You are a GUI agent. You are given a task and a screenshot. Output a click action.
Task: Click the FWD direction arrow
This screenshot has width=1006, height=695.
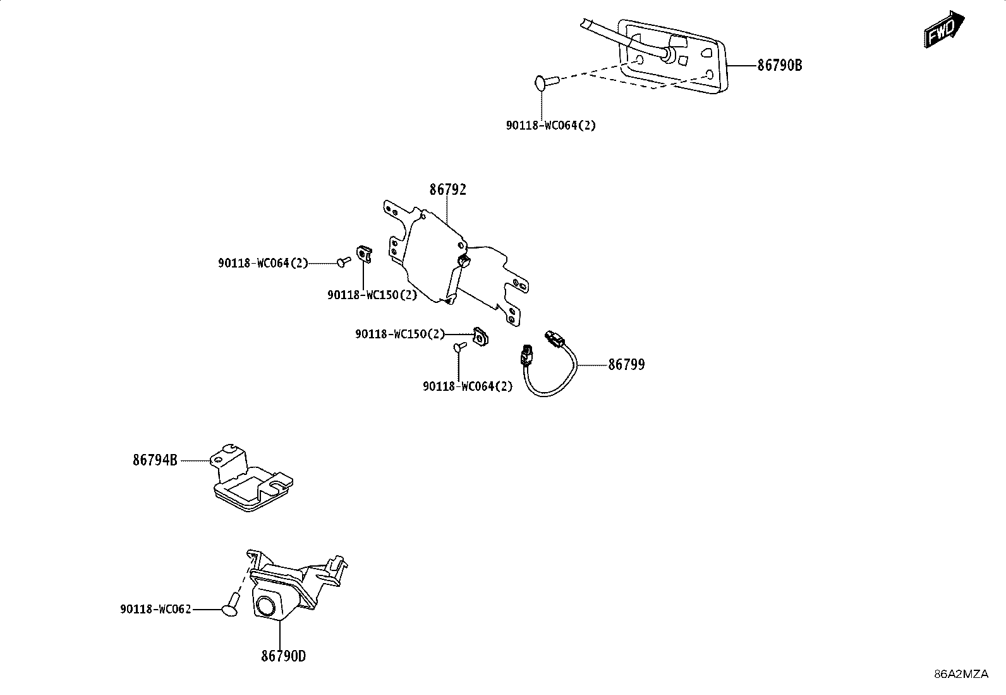coord(944,30)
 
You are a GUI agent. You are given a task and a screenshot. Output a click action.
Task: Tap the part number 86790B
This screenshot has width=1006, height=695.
coord(780,66)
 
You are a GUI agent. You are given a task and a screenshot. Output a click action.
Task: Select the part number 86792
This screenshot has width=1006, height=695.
coord(448,190)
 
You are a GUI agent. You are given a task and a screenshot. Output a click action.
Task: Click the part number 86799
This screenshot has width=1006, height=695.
coord(626,365)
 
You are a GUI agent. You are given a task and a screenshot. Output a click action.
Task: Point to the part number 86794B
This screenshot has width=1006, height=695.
coord(155,460)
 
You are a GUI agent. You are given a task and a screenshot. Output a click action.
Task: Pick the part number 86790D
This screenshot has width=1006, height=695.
coord(283,656)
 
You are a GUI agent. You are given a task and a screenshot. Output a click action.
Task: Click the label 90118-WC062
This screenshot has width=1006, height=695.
coord(156,609)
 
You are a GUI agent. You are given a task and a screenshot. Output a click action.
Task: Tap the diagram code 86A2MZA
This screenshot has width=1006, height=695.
coord(961,674)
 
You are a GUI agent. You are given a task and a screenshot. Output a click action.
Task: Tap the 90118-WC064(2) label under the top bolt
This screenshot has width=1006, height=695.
coord(551,125)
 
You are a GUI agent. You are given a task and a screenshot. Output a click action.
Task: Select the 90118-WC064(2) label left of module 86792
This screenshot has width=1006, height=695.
coord(263,263)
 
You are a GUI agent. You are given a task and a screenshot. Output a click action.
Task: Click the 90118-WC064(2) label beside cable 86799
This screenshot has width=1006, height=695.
coord(468,386)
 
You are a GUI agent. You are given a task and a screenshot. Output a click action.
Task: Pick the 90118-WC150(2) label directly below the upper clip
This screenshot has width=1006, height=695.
coord(372,295)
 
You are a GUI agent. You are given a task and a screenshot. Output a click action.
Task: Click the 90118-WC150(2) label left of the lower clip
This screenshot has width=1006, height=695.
coord(400,334)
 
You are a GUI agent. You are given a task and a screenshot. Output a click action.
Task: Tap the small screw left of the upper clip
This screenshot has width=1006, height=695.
coord(344,261)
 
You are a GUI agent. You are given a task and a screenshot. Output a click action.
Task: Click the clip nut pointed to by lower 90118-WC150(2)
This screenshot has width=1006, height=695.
coord(482,336)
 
